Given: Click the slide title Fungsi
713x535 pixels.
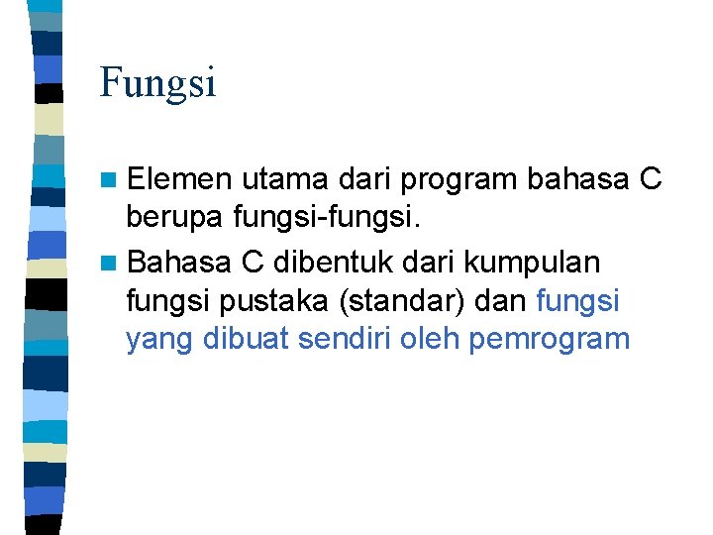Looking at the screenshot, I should (157, 83).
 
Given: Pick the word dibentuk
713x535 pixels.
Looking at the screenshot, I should (329, 263).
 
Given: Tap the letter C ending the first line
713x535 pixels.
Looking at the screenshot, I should (651, 179).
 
